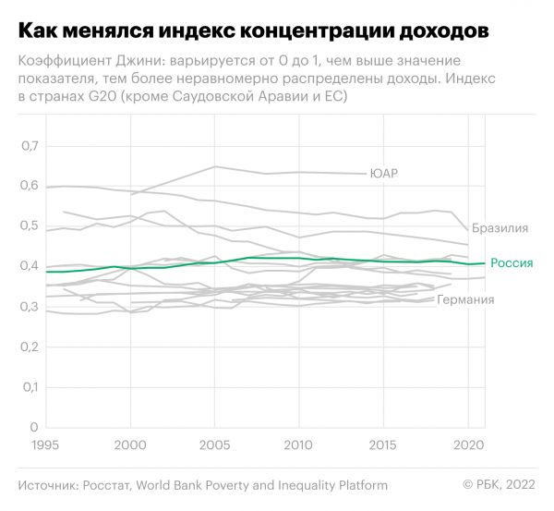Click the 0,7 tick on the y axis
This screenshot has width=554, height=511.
[31, 146]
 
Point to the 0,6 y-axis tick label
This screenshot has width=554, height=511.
[31, 186]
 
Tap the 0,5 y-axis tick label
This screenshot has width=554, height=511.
[31, 226]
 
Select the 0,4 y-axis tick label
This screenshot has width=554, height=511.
[31, 266]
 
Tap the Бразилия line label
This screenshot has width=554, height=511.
[500, 227]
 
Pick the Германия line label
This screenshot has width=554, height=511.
[465, 300]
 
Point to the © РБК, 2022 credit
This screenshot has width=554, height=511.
[498, 485]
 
